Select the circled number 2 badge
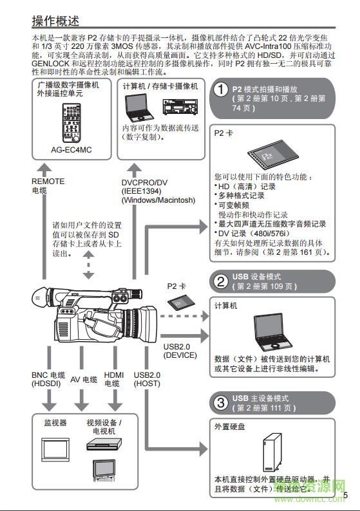[221, 281]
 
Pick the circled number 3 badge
[221, 403]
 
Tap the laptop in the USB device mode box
[272, 330]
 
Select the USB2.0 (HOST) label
[147, 379]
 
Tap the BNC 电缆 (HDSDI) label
[48, 379]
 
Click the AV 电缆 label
[83, 379]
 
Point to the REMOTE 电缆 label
[48, 186]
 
